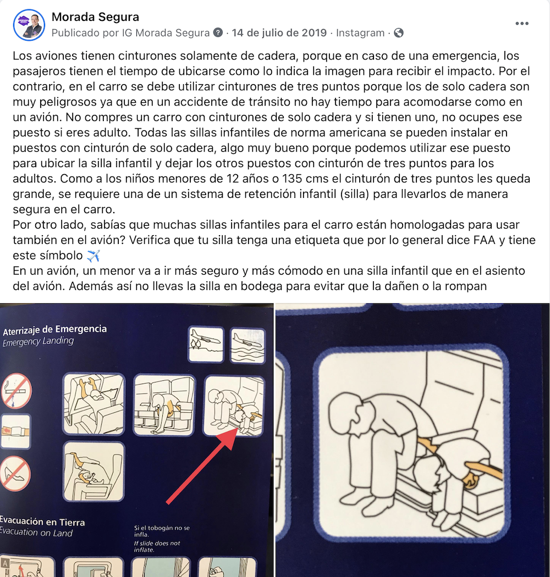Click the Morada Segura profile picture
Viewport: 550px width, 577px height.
point(29,25)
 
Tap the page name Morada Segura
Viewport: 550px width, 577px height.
point(95,17)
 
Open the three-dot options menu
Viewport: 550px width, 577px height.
point(521,24)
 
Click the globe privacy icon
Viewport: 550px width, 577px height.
point(399,33)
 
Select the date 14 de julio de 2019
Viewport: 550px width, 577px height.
point(279,33)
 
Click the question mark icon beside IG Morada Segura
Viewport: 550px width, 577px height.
point(218,33)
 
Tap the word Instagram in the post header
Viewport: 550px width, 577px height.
point(360,33)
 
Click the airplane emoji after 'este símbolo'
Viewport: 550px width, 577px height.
point(93,256)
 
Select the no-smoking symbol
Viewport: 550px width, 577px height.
point(16,390)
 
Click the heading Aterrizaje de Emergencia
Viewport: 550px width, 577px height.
point(54,330)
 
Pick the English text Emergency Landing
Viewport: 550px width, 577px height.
point(38,341)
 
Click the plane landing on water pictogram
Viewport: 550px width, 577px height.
point(248,346)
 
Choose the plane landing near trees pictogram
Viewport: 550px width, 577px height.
point(206,345)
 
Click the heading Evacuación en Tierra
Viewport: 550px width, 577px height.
point(42,521)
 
